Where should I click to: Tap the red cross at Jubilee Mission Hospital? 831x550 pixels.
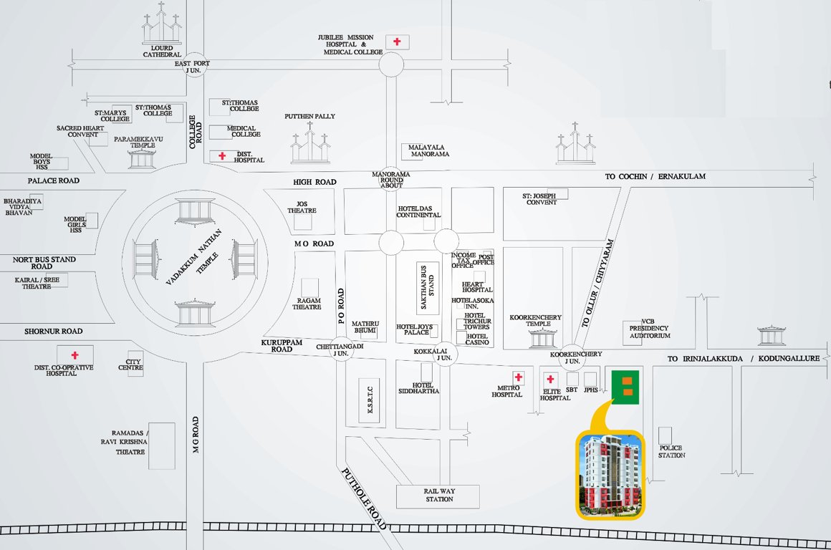click(x=397, y=42)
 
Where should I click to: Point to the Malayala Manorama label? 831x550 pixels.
click(x=429, y=150)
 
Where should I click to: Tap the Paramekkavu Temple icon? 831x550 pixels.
click(x=141, y=158)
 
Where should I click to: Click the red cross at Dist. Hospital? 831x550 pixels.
click(x=222, y=155)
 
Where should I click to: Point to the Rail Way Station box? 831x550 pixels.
click(x=439, y=494)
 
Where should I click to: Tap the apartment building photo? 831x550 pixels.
click(x=610, y=473)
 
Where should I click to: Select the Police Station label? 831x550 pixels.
click(x=671, y=451)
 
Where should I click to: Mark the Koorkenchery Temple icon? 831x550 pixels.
click(x=543, y=337)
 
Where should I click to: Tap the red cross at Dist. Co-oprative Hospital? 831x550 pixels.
click(x=74, y=355)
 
